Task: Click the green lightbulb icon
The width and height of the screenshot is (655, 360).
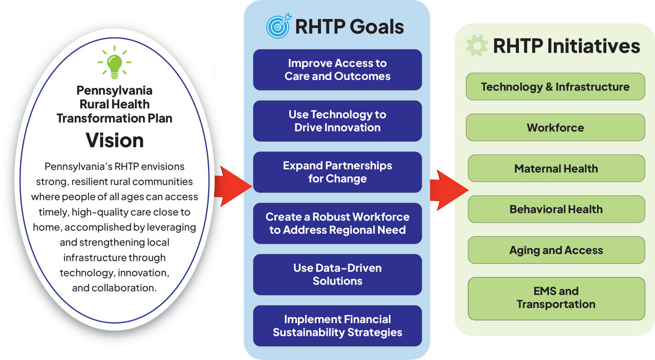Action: click(x=114, y=62)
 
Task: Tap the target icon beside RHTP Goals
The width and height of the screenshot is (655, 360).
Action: click(x=278, y=27)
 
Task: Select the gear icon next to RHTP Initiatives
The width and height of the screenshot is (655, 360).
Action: click(x=476, y=46)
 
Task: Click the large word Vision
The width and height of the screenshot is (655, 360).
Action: click(x=114, y=140)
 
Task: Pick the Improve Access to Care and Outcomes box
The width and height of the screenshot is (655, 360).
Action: click(x=337, y=70)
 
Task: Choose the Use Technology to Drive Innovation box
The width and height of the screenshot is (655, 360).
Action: click(x=337, y=121)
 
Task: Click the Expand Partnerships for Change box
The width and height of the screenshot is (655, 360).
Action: click(x=337, y=172)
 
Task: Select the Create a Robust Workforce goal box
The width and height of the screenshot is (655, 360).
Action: click(x=337, y=223)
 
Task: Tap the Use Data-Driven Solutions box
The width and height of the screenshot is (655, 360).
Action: click(x=337, y=275)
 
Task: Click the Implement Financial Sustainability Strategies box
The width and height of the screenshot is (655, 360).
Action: click(x=337, y=326)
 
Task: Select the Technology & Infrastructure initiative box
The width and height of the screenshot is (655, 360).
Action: click(x=555, y=87)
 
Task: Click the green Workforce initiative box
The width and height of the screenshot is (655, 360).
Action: click(x=555, y=128)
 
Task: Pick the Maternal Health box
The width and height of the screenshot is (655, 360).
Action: click(x=556, y=169)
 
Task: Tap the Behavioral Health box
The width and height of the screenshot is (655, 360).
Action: click(x=556, y=210)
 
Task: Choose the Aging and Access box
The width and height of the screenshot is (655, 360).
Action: click(x=556, y=251)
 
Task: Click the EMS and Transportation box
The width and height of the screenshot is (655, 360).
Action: click(x=556, y=298)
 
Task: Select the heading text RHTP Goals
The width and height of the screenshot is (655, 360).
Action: click(x=350, y=27)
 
